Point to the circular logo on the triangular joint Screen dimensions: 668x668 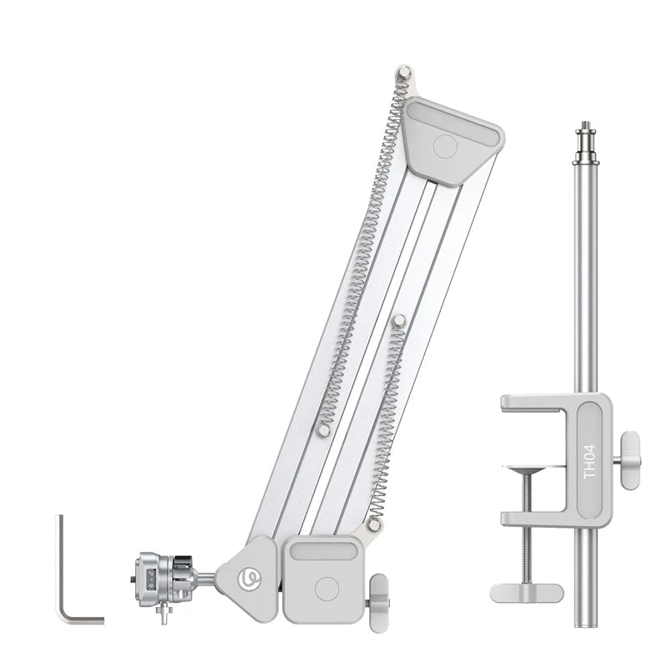point(248,578)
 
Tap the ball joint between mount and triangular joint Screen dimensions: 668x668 point(208,577)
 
